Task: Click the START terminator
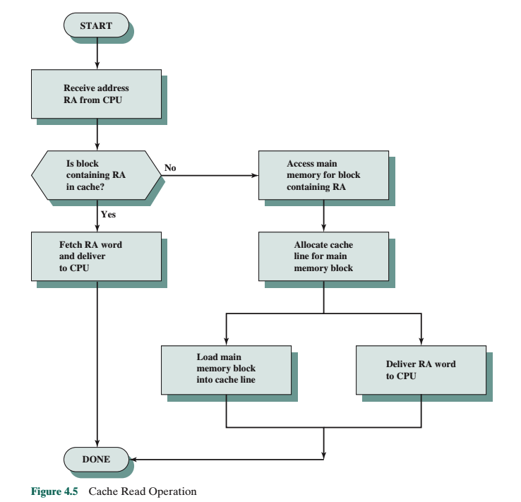pyautogui.click(x=96, y=26)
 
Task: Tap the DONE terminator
pyautogui.click(x=96, y=459)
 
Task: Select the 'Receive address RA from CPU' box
pyautogui.click(x=97, y=93)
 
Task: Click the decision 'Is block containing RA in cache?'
pyautogui.click(x=96, y=174)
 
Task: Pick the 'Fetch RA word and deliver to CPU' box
pyautogui.click(x=96, y=257)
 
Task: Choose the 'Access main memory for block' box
pyautogui.click(x=323, y=174)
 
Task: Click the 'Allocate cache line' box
pyautogui.click(x=323, y=257)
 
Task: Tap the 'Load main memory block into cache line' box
pyautogui.click(x=225, y=369)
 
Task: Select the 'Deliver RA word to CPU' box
pyautogui.click(x=421, y=369)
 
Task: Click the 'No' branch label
pyautogui.click(x=170, y=168)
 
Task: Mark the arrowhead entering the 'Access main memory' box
pyautogui.click(x=255, y=174)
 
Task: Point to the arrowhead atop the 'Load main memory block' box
pyautogui.click(x=225, y=342)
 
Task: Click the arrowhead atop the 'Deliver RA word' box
pyautogui.click(x=421, y=342)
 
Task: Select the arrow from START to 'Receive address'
pyautogui.click(x=96, y=53)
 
